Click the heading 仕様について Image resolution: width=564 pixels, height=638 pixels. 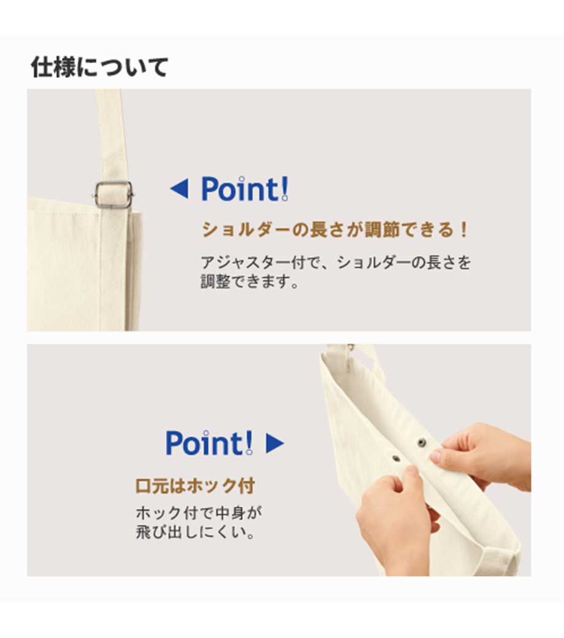tap(100, 67)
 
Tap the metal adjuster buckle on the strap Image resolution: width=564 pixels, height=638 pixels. tap(113, 195)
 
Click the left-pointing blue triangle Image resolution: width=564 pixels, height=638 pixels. tap(180, 189)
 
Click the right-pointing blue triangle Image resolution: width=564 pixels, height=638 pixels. tap(275, 443)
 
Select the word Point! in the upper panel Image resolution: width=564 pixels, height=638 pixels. tap(245, 189)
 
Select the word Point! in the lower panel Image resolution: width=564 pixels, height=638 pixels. tap(210, 443)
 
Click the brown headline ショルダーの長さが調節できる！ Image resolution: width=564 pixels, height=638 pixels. tap(335, 230)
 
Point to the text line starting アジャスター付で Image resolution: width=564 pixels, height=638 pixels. tap(336, 263)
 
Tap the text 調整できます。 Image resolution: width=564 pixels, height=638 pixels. tap(250, 281)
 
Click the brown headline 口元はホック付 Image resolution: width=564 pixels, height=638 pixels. tap(195, 486)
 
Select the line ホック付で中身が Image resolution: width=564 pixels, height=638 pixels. tap(199, 513)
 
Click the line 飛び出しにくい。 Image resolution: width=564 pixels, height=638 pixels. tap(196, 532)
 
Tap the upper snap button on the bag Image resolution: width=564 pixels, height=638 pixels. tap(422, 442)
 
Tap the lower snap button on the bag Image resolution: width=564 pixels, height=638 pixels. tap(395, 459)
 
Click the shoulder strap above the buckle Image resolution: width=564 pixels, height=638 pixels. tap(110, 134)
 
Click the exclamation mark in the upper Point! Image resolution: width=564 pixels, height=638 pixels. tap(284, 189)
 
